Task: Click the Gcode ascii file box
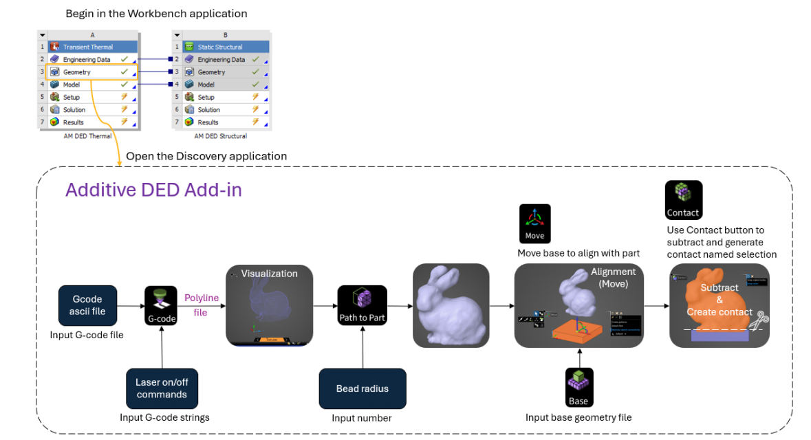point(87,306)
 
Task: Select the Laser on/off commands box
point(162,388)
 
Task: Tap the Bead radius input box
point(362,388)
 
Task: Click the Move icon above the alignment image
point(534,223)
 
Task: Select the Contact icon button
point(683,200)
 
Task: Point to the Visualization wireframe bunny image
point(270,306)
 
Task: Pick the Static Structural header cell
point(220,47)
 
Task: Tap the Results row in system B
point(220,122)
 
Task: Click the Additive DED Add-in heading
point(153,190)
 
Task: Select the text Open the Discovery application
point(206,157)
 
